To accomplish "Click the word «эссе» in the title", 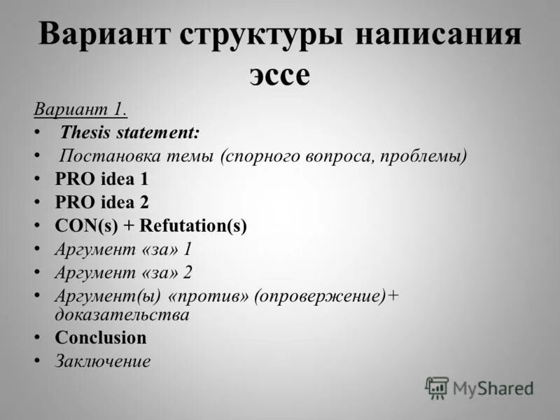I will coord(279,75).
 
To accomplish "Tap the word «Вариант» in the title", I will coord(102,35).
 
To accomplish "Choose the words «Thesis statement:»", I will coord(129,132).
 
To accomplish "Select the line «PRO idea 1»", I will coord(101,178).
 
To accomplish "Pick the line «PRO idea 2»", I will coord(101,202).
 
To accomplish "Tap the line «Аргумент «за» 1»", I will coord(123,249).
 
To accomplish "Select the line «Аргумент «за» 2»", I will coord(123,272).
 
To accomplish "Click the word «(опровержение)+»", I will coord(326,295).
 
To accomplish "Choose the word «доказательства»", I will coord(122,315).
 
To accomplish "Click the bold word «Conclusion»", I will coord(101,337).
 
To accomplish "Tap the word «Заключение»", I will coord(103,361).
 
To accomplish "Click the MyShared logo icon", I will coord(437,387).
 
